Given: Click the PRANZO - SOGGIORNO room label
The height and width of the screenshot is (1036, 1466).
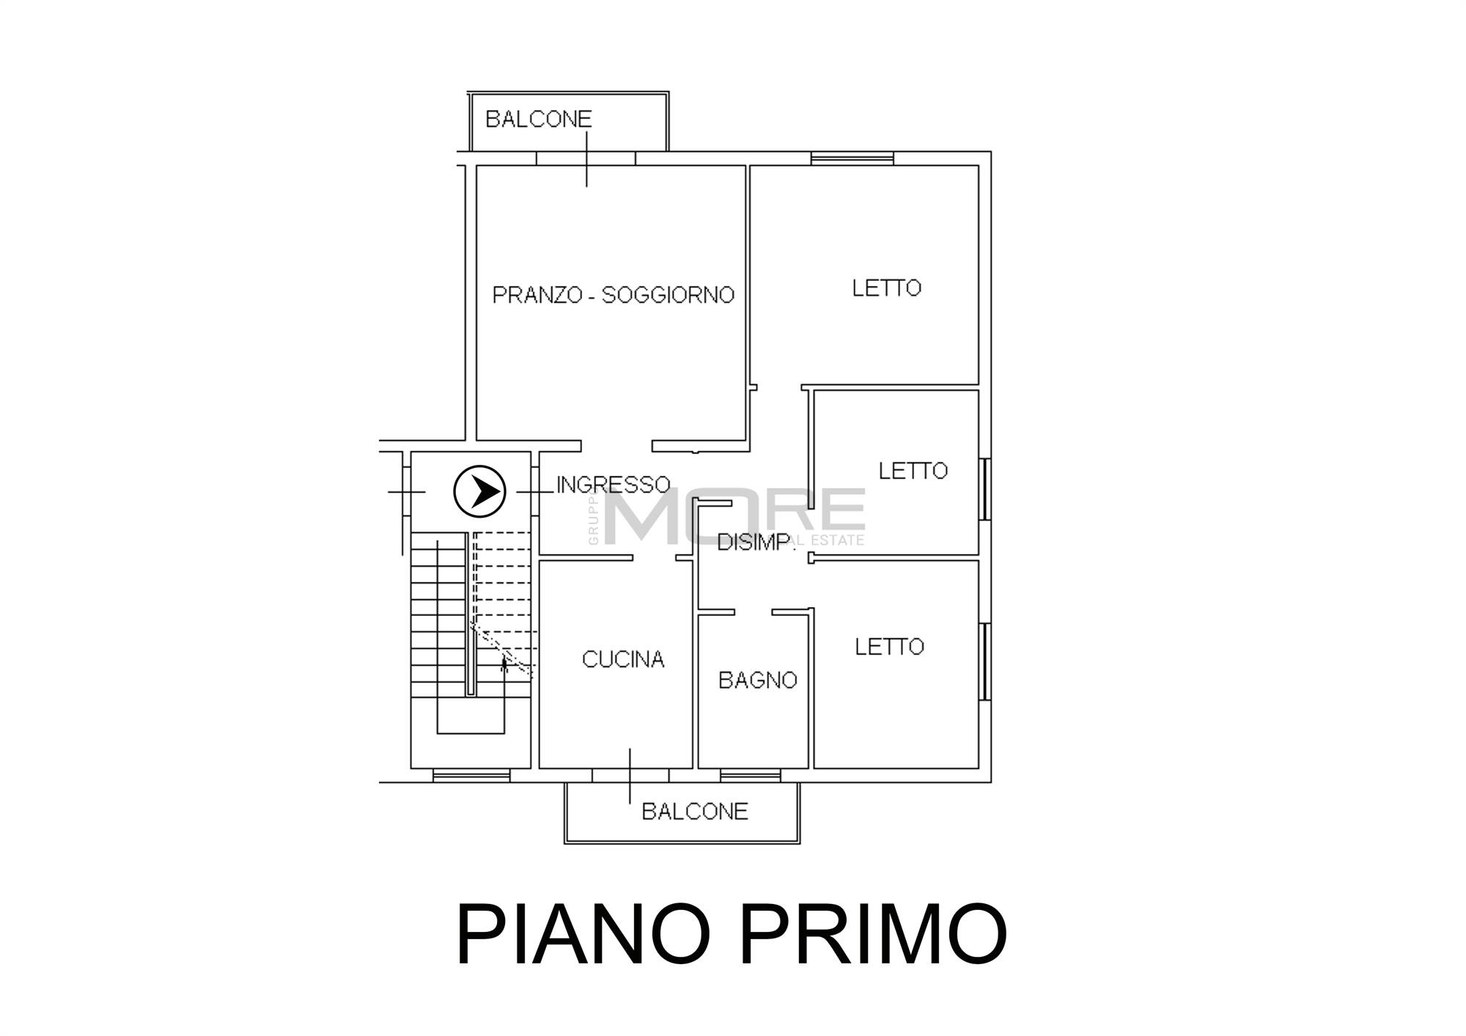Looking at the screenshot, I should [x=613, y=295].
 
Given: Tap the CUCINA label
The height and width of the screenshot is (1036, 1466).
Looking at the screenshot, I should [x=623, y=660].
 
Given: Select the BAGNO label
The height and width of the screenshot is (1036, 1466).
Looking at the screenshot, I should [x=757, y=680].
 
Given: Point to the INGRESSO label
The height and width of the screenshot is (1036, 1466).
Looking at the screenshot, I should [x=614, y=485].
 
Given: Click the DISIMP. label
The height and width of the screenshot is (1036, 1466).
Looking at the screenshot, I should [x=755, y=543].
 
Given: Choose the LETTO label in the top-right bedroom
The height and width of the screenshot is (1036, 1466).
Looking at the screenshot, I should [x=886, y=288].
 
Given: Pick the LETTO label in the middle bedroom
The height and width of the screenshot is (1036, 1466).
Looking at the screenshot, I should [x=913, y=471].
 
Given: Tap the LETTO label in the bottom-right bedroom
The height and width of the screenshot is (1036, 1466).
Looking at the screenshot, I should [x=889, y=647].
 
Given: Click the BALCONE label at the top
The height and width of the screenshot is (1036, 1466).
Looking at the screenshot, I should [x=538, y=119].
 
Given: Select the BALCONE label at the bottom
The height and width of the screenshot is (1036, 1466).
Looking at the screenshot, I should [x=694, y=812].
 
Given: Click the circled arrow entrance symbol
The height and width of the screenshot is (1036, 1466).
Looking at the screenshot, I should [x=480, y=491].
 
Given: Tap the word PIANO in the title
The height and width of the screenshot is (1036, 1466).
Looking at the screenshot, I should [x=583, y=935].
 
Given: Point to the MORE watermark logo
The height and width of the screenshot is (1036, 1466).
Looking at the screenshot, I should [x=733, y=515].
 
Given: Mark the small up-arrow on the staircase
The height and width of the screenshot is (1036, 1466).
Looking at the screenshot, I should [x=504, y=664].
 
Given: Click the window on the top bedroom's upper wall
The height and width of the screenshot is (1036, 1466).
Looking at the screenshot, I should [x=852, y=158].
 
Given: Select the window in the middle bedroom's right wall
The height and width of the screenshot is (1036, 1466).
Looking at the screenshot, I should [x=985, y=489].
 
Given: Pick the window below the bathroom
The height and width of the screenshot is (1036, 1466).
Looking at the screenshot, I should [x=750, y=775].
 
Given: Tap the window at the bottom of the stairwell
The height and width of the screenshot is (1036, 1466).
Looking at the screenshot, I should [x=471, y=775].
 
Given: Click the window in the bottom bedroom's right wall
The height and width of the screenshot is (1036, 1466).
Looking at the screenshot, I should [x=985, y=661].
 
